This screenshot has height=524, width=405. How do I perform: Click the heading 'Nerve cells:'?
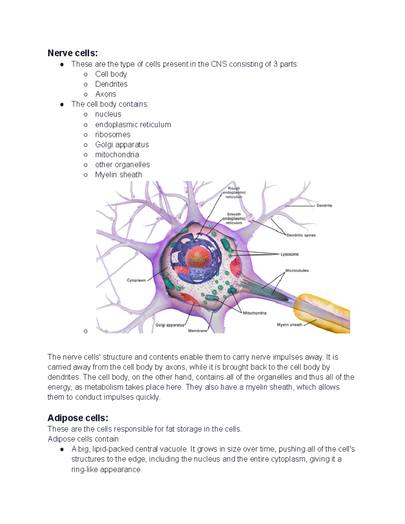click(73, 53)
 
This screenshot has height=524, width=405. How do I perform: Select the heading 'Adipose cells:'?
click(78, 418)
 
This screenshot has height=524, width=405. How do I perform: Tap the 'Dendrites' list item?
click(111, 84)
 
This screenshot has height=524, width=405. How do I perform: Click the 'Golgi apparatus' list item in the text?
click(122, 144)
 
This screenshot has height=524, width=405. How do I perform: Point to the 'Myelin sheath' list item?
click(118, 174)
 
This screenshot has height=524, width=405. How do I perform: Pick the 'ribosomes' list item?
click(113, 134)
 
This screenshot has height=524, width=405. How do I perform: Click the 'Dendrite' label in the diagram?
click(324, 205)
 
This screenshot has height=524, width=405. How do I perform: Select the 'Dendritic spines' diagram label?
click(301, 235)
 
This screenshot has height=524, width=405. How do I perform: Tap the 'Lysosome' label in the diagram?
click(290, 254)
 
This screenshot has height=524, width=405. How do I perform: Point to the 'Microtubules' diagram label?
click(297, 271)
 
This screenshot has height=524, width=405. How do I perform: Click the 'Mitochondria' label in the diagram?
click(254, 313)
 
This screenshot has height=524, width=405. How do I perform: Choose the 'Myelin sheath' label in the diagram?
click(289, 325)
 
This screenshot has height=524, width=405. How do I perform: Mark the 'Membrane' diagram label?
click(197, 331)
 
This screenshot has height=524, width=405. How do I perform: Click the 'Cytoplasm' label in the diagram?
click(136, 280)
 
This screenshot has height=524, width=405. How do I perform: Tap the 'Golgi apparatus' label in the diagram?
click(170, 325)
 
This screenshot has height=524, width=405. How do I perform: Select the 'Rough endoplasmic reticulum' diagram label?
click(234, 193)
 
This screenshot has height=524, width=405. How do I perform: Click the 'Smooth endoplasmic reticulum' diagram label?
click(234, 218)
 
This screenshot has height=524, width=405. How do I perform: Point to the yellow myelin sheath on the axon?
click(324, 312)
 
